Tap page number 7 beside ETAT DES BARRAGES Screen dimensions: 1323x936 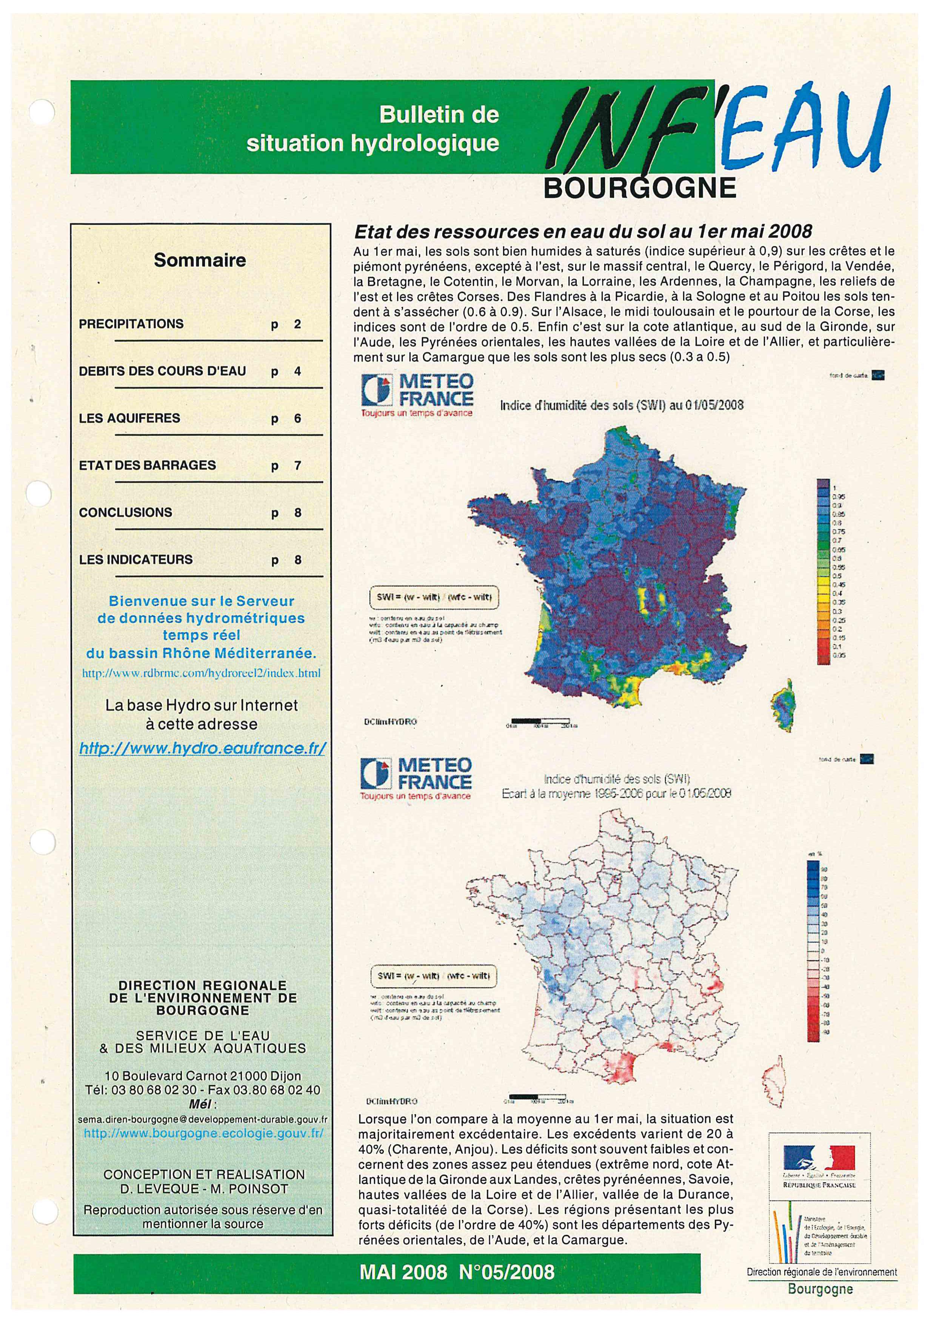point(297,466)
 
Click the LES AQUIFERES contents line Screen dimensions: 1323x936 point(130,418)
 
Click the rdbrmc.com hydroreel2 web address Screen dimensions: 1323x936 point(201,673)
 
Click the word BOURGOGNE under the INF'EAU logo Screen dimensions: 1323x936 point(640,188)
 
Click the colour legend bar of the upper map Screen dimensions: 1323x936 point(823,572)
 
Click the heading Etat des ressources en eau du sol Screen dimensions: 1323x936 point(582,232)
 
